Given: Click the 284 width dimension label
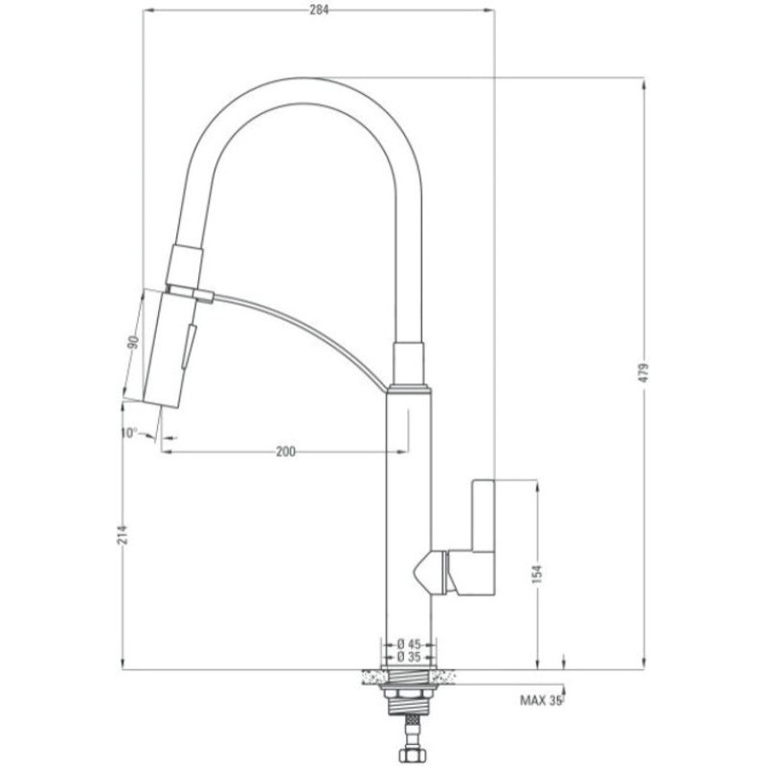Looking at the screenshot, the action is [319, 11].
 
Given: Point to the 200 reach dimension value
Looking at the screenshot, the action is [285, 452].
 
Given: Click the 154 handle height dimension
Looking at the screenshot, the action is [537, 574].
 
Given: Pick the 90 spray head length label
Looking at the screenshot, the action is [133, 342].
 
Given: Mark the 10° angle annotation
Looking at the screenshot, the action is [129, 433].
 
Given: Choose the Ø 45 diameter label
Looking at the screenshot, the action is [409, 644].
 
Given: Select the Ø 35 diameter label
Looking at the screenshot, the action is [409, 657].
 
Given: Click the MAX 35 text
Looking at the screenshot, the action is [540, 701].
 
